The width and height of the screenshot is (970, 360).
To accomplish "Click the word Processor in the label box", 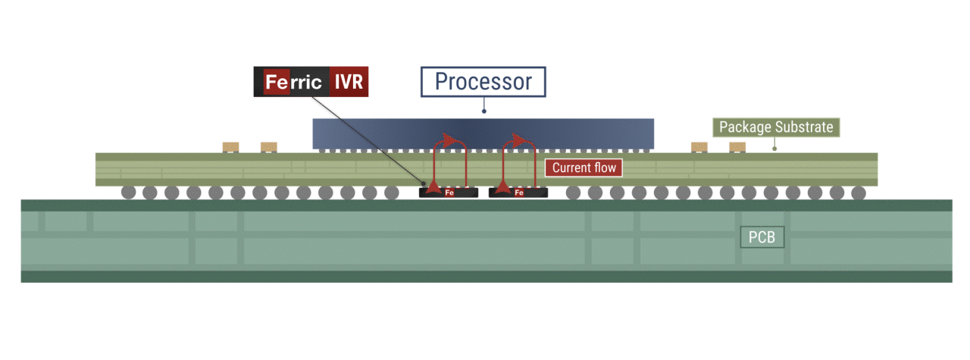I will click(483, 82).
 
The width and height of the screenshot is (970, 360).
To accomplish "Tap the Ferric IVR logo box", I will click(311, 82).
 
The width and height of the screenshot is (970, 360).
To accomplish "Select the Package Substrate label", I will click(777, 127).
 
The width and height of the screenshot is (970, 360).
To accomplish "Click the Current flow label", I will click(584, 167).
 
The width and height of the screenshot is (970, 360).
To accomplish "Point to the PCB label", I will click(762, 238).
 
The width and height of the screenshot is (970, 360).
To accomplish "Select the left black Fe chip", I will click(449, 193).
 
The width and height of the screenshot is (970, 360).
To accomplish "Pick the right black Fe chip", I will click(518, 193).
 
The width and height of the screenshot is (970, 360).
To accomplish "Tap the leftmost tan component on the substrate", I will click(230, 146).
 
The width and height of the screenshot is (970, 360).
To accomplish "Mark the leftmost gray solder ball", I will click(128, 192).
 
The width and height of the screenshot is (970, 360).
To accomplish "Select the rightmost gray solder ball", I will click(859, 192).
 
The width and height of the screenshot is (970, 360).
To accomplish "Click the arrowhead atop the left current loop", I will click(453, 141).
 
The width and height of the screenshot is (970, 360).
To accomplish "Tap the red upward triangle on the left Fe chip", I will click(433, 185).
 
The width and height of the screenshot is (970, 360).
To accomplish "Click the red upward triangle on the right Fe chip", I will click(502, 185).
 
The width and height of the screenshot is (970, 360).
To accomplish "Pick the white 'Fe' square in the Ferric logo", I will click(276, 82).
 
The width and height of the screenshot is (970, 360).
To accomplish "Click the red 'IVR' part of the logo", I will click(349, 82).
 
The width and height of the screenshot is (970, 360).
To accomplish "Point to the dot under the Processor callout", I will click(483, 111).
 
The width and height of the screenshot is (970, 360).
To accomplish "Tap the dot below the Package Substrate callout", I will click(774, 149).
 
